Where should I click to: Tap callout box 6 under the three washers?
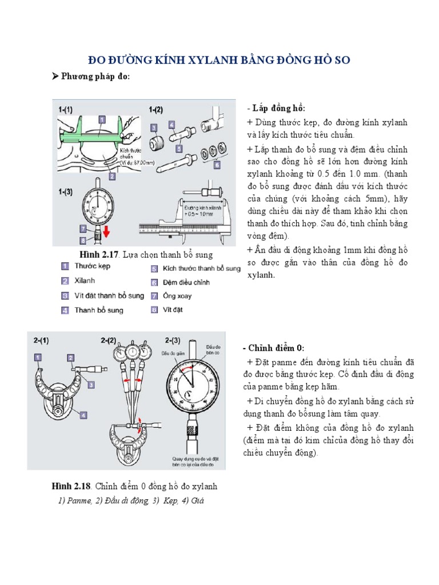(217, 165)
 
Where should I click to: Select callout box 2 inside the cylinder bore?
(112, 177)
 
